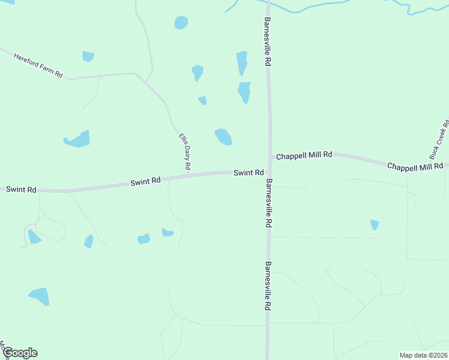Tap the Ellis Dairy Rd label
(x=184, y=151)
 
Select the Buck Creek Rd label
(x=443, y=134)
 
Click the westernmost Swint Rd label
(x=21, y=190)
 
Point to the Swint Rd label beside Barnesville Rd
(x=249, y=173)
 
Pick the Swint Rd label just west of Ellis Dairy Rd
(x=146, y=180)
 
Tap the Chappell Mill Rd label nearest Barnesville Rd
(x=304, y=155)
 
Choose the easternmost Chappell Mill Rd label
(x=415, y=166)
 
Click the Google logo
(x=20, y=353)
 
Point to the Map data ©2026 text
(x=423, y=355)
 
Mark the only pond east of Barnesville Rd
(x=375, y=224)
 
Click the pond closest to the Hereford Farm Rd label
(x=88, y=56)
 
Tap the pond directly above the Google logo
(x=40, y=296)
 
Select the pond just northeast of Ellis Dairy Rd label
(x=223, y=137)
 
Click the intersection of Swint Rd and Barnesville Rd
(x=269, y=172)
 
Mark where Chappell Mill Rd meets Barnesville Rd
(x=270, y=156)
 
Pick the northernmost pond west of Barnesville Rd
(x=181, y=23)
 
